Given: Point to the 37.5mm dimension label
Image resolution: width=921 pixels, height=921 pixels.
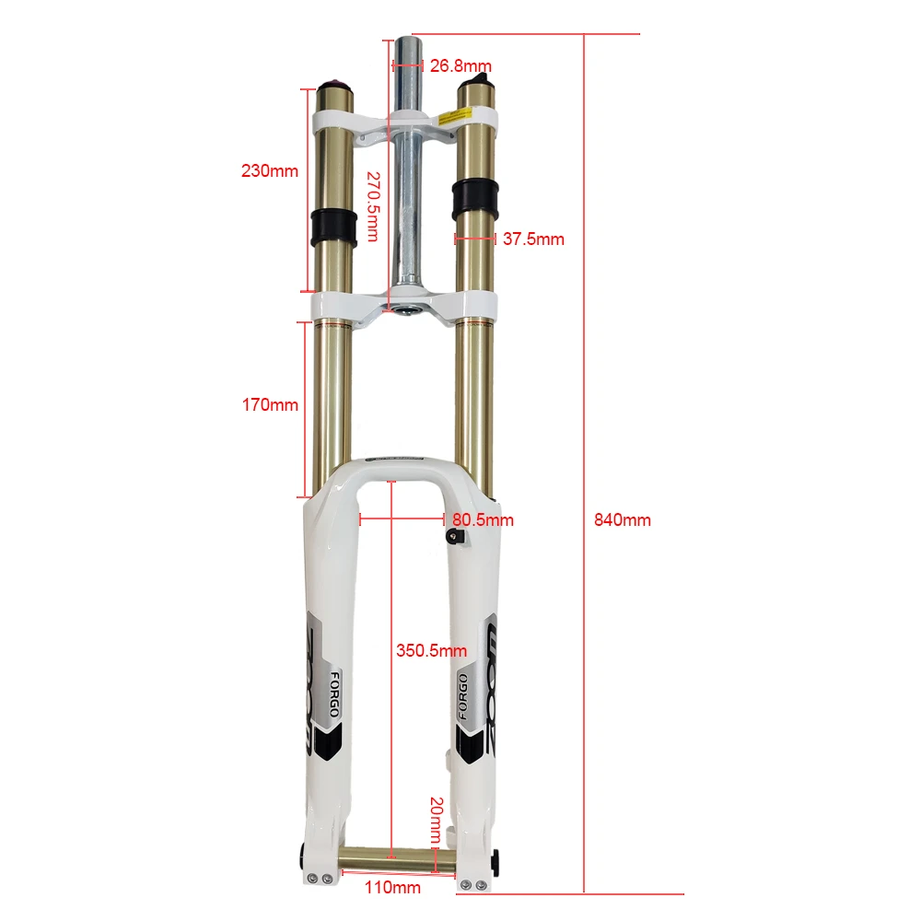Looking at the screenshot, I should (533, 239).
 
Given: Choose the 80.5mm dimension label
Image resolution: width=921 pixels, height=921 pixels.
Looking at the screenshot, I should (483, 520).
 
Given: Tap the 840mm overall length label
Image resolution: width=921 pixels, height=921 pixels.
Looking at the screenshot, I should (623, 519).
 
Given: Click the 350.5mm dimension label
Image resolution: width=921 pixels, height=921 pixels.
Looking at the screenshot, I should (431, 651).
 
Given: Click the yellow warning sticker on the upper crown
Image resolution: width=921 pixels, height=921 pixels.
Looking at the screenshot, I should (458, 115).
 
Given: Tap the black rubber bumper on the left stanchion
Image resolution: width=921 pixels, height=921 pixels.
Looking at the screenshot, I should (332, 225).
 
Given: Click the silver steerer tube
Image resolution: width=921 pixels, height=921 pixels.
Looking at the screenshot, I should (406, 184).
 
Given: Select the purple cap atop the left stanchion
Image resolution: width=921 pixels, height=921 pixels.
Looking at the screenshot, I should (334, 83).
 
